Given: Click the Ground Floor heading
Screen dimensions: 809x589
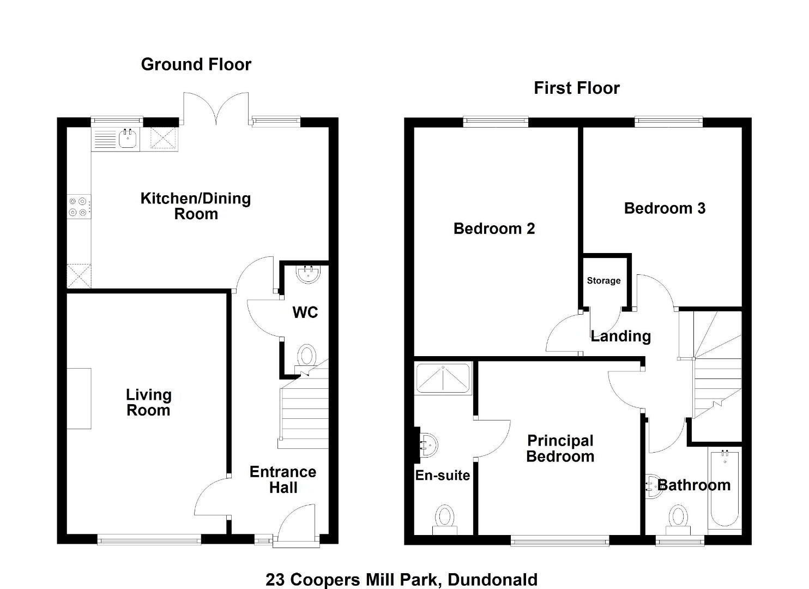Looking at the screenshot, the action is [196, 64].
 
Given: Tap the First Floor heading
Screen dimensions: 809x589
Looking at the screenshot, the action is [577, 88].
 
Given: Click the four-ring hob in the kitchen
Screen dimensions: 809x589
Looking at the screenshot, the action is [79, 207].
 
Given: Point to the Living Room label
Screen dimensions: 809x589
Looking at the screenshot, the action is [148, 402].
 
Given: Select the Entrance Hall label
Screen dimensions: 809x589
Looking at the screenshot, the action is [283, 479].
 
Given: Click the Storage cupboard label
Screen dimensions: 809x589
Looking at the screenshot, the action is [603, 280].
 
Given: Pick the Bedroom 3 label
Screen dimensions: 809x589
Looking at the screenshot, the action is [665, 208].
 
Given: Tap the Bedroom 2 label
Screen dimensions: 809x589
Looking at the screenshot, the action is [494, 229].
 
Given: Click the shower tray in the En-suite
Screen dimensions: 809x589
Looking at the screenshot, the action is [443, 378].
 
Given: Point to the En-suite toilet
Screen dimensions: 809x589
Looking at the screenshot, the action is [445, 520].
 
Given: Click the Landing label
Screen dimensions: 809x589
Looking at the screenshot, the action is [621, 337].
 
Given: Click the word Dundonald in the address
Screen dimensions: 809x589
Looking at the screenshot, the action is [493, 580].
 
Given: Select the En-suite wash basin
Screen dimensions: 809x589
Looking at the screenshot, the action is [428, 445].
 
